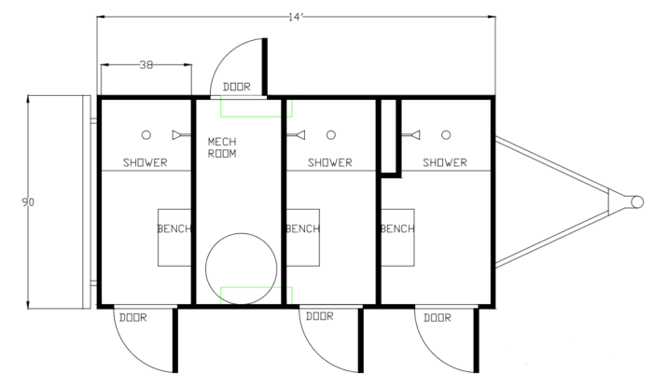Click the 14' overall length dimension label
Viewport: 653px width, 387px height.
tap(296, 17)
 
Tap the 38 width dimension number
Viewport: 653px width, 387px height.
tap(146, 65)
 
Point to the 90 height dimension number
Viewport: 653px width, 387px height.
tap(28, 202)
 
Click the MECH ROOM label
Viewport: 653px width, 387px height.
tap(222, 147)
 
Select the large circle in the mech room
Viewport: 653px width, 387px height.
tap(241, 233)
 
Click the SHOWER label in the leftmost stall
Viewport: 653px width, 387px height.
tap(146, 162)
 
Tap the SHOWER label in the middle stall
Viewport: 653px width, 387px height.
tap(330, 162)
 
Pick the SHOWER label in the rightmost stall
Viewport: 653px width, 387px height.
tap(445, 162)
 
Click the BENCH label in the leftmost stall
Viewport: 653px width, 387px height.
tap(174, 228)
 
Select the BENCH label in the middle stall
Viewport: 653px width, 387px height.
tap(303, 228)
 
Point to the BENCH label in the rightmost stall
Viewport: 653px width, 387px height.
tap(397, 228)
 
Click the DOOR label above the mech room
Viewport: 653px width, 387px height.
tap(237, 87)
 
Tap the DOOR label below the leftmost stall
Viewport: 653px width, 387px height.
tap(132, 318)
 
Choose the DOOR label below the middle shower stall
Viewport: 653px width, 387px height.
tap(319, 316)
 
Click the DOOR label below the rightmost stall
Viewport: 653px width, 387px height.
tap(438, 318)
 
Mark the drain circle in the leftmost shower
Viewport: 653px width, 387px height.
tap(146, 135)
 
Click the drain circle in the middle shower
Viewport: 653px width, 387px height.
tap(331, 135)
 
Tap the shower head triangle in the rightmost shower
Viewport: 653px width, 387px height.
tap(415, 135)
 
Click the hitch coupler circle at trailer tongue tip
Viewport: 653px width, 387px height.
tap(637, 201)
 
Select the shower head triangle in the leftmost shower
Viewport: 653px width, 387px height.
tap(177, 135)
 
